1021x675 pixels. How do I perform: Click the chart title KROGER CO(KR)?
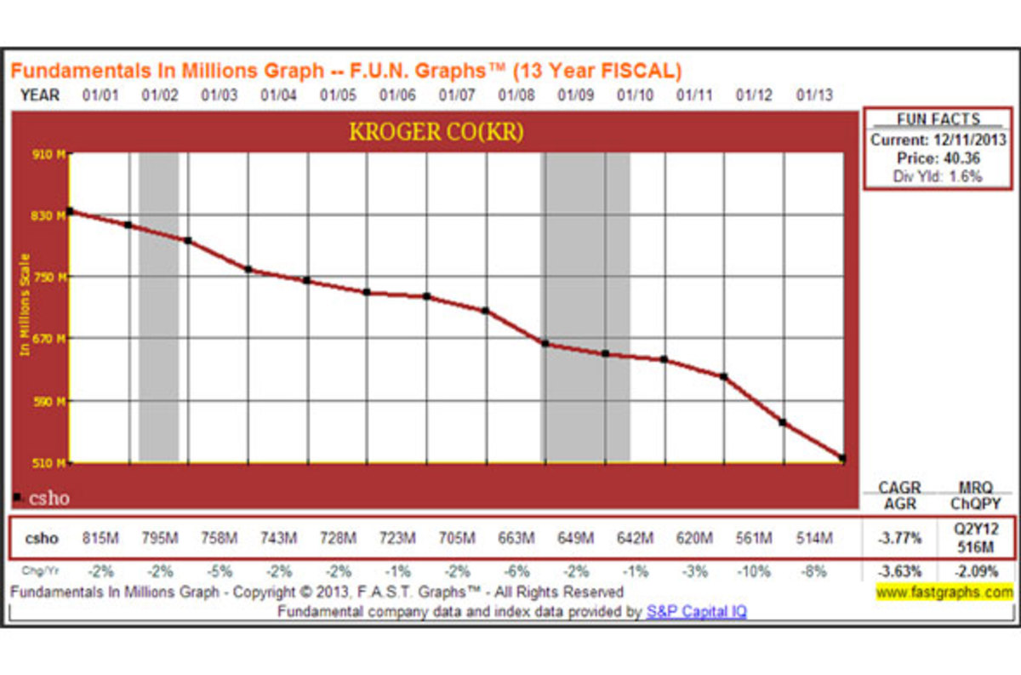point(436,133)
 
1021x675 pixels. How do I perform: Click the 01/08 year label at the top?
point(516,95)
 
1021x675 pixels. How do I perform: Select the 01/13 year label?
point(813,95)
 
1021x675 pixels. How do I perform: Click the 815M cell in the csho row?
point(100,538)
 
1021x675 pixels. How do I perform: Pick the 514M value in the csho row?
point(813,538)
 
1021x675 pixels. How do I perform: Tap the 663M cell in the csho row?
point(516,538)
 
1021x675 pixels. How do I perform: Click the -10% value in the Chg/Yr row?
point(754,572)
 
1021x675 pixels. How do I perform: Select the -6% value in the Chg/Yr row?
point(516,572)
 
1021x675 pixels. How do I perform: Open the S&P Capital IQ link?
point(696,611)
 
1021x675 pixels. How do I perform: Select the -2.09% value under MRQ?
point(974,572)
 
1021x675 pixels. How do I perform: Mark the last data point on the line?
point(842,459)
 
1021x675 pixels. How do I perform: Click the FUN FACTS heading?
point(938,120)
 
